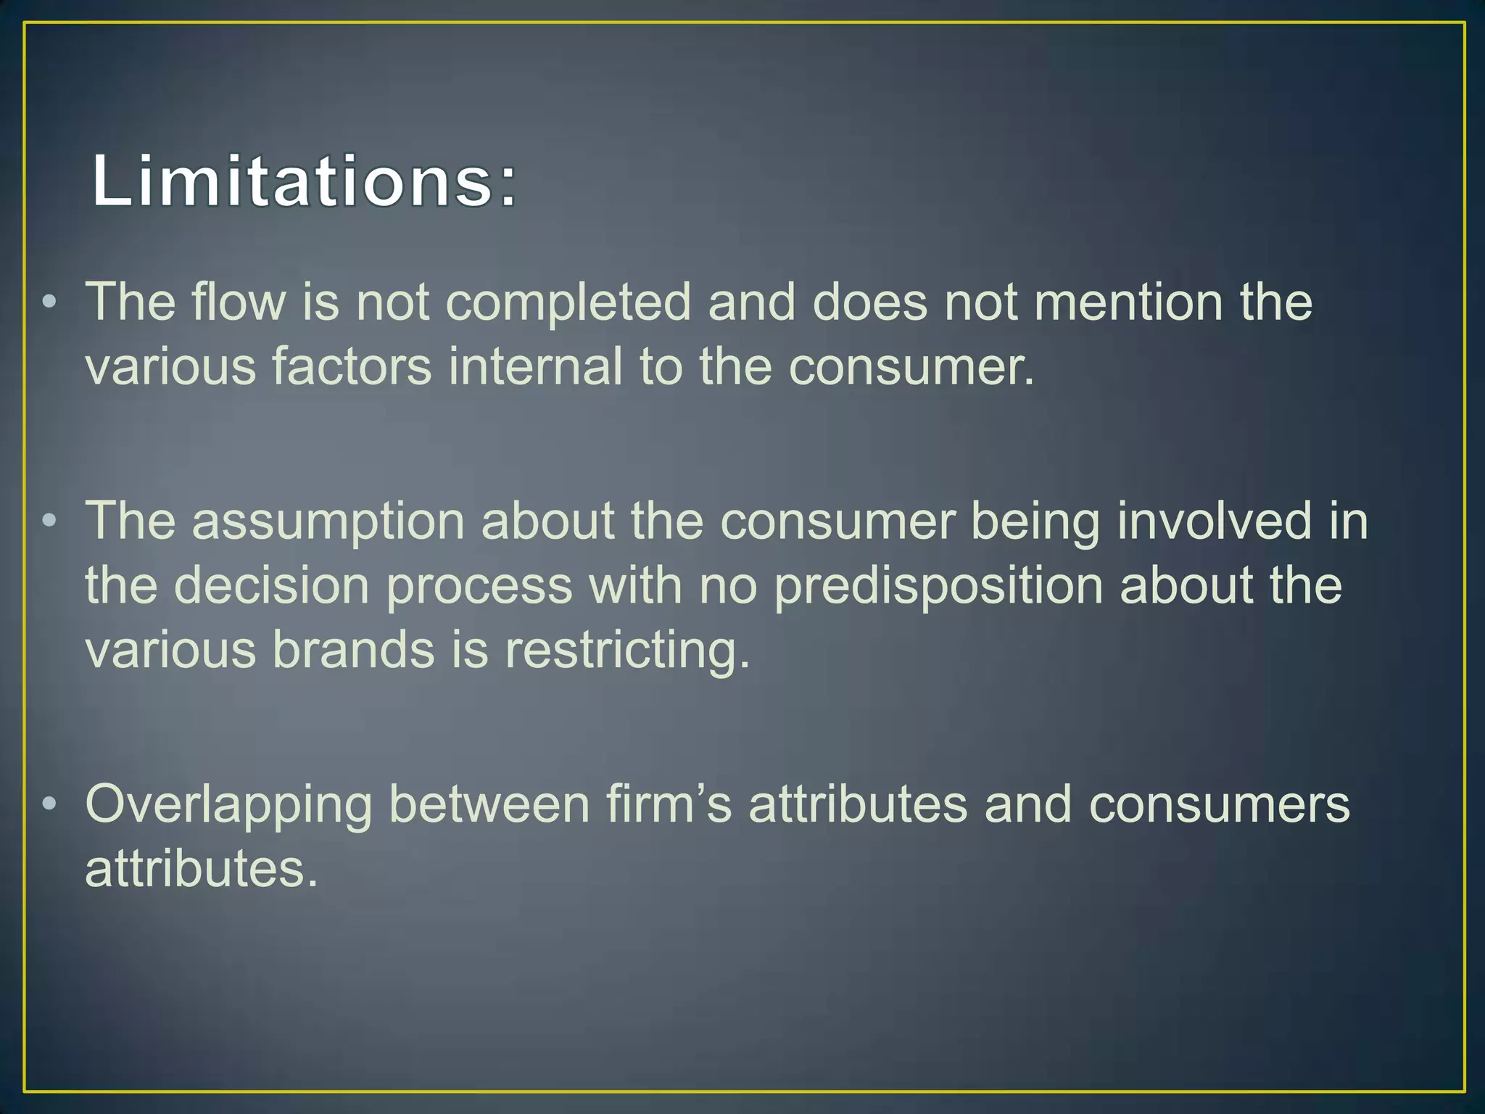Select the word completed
point(568,303)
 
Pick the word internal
point(535,366)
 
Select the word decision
point(272,585)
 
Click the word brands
point(353,649)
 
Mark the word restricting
point(627,651)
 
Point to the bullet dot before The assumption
point(49,521)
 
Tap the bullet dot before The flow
point(49,302)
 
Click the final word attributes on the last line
point(201,869)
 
